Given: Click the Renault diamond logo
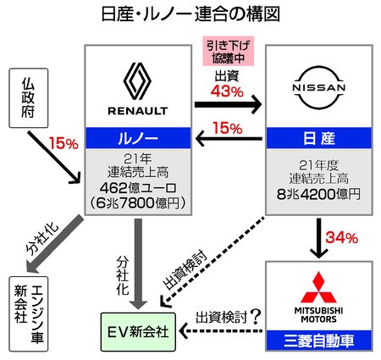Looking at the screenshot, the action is pyautogui.click(x=137, y=81).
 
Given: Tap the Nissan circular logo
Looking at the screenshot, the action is pyautogui.click(x=319, y=88).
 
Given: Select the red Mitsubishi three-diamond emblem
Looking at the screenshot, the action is pyautogui.click(x=318, y=287).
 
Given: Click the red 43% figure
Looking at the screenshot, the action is pyautogui.click(x=227, y=91).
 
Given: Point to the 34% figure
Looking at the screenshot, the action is pyautogui.click(x=342, y=238).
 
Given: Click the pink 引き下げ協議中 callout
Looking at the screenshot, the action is pyautogui.click(x=229, y=51).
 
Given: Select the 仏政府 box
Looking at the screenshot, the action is pyautogui.click(x=29, y=97).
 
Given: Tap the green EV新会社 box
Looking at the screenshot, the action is pyautogui.click(x=138, y=332).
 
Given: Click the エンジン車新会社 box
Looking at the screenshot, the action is pyautogui.click(x=29, y=313).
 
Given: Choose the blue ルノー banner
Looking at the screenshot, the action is pyautogui.click(x=138, y=138).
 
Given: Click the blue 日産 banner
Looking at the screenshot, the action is pyautogui.click(x=319, y=138).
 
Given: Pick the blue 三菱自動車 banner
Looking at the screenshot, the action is pyautogui.click(x=319, y=341).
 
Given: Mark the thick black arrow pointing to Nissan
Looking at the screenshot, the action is pyautogui.click(x=228, y=104).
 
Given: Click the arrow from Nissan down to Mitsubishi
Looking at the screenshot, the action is pyautogui.click(x=318, y=238).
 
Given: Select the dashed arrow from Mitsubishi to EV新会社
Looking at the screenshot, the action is pyautogui.click(x=221, y=330).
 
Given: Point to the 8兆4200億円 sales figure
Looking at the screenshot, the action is pyautogui.click(x=318, y=194).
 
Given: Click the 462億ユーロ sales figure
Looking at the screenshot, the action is pyautogui.click(x=138, y=187).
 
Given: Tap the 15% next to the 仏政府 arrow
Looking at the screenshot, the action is pyautogui.click(x=63, y=143).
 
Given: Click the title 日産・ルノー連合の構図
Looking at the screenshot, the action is pyautogui.click(x=190, y=14).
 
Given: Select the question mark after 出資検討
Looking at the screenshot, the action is pyautogui.click(x=256, y=317).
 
